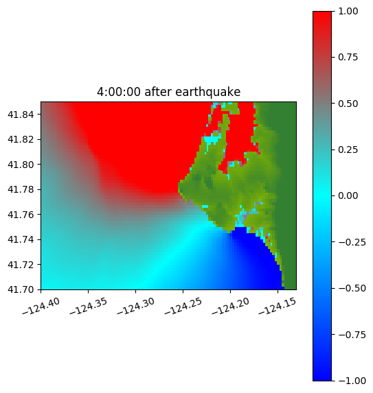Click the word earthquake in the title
208,92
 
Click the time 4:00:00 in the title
119,92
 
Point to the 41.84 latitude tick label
21,115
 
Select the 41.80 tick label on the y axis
21,165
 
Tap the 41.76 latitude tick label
21,215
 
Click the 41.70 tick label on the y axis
21,289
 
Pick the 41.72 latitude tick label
21,265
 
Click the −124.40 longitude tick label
41,306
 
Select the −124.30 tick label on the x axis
135,306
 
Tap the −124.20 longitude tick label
230,306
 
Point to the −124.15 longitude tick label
277,306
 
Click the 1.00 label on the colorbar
348,11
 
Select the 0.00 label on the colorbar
348,195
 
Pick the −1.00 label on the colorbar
352,381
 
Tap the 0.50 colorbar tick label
348,104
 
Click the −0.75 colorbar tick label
352,335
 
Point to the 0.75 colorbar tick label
348,58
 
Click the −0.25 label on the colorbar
352,242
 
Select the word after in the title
158,92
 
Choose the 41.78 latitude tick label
21,189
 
